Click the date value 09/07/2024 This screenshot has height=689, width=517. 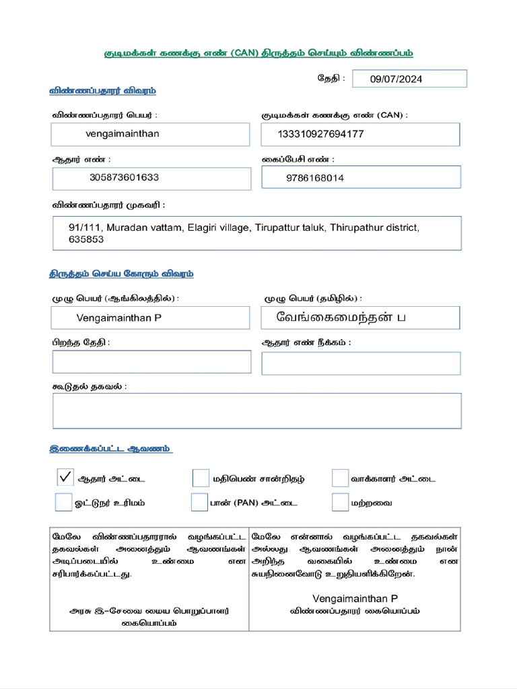pos(397,79)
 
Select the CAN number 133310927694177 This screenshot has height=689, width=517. pos(320,134)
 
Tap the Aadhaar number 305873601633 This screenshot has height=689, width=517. pos(124,178)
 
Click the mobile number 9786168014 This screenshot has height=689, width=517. pos(314,178)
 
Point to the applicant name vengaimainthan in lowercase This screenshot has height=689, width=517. pos(123,133)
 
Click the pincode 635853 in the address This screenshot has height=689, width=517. pos(86,240)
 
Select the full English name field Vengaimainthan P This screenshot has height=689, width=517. pos(118,318)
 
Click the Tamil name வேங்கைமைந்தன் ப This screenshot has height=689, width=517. pos(341,317)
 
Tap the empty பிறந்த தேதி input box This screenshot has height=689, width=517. pos(151,361)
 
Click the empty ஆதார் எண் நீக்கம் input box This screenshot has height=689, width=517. pos(361,363)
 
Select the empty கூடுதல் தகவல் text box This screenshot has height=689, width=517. pos(257,410)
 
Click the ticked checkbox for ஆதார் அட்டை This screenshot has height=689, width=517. pos(65,478)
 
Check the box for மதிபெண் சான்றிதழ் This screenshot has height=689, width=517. pos(201,478)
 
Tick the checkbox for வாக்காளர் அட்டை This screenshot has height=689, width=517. pos(340,478)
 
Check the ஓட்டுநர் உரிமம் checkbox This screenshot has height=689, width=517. pos(63,502)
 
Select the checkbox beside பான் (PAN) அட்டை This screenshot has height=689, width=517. pos(199,502)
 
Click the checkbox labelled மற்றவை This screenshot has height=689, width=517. pos(340,502)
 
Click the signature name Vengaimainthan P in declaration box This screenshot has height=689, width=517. pos(355,598)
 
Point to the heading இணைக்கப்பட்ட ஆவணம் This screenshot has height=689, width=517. pos(110,448)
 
